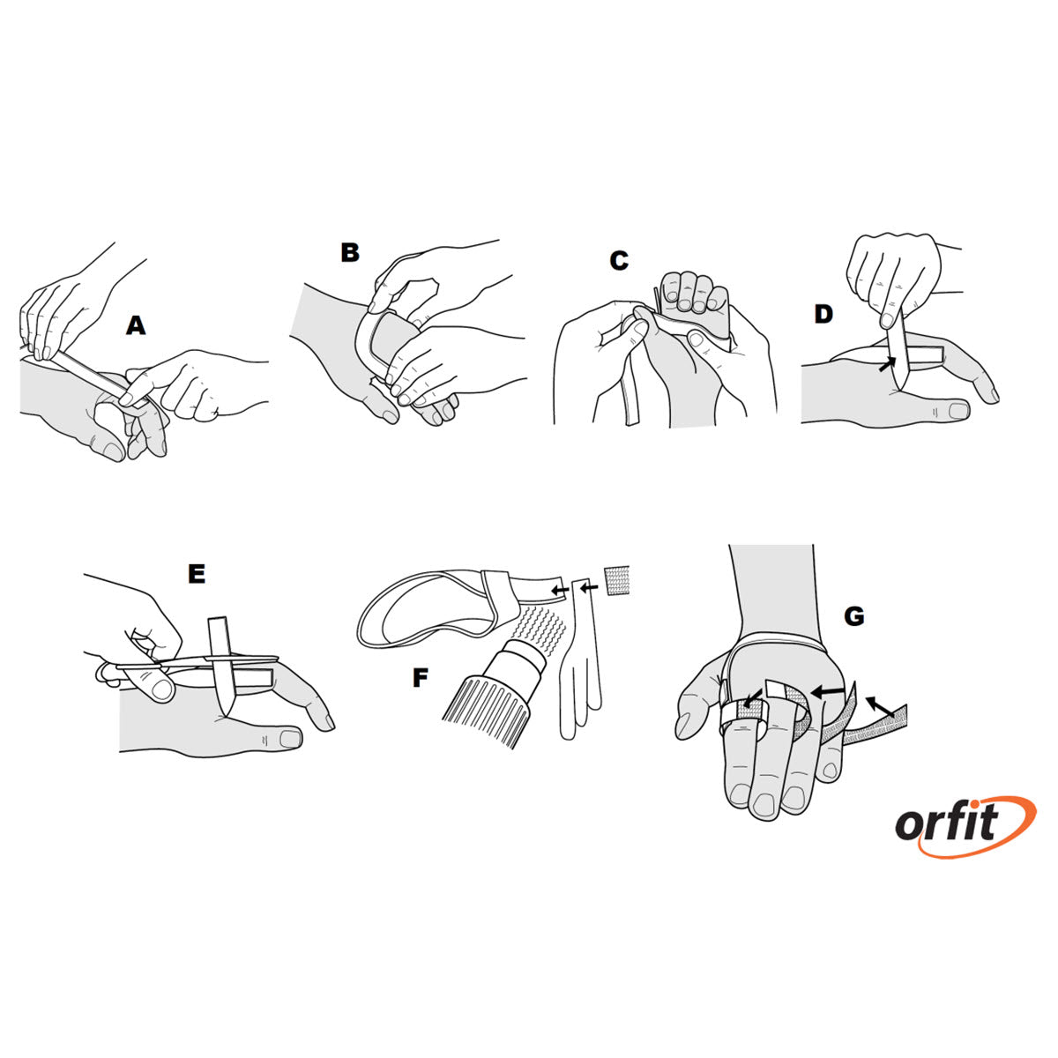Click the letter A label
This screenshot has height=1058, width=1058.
coord(135,326)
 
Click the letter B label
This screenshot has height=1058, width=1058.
coord(350,253)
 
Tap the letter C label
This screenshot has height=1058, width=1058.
coord(619,261)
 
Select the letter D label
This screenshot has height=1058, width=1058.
coord(823,314)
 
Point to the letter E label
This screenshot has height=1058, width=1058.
coord(197,574)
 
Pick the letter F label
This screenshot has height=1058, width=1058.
coord(421,678)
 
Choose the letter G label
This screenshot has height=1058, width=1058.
coord(853,616)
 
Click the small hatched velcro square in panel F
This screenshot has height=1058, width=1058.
coord(618,580)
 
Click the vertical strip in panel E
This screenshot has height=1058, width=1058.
coord(220,661)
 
